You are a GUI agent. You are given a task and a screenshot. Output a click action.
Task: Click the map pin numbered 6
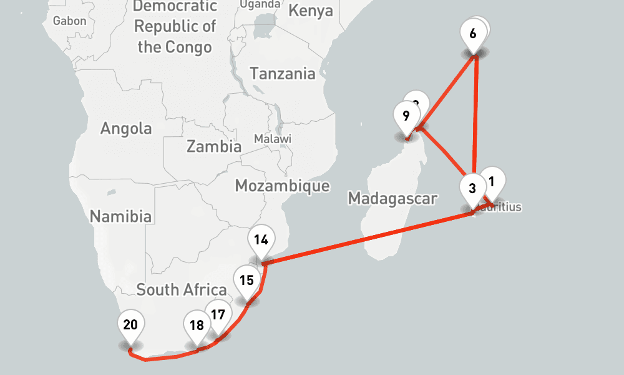coord(472,34)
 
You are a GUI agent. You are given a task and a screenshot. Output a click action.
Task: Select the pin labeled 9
coord(406,116)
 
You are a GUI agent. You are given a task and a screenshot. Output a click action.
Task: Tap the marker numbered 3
coord(472,189)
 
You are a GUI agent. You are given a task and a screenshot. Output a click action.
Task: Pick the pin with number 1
coord(492,182)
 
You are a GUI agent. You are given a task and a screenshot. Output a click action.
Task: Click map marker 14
coord(261,240)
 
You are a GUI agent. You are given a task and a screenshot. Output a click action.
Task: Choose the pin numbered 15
coord(246,280)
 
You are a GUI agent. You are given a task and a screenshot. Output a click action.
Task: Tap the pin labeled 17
coord(218,315)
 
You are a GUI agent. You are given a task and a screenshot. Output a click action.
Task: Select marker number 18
coord(197,326)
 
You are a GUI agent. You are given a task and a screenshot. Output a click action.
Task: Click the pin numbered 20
coord(130,325)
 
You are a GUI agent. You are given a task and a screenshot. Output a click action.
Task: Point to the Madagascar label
coord(392,199)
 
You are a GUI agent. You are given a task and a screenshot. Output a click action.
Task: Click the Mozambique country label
coord(282,186)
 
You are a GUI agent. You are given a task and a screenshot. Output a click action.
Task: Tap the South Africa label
coord(181,290)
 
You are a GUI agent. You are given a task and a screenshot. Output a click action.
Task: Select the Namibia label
coord(120,217)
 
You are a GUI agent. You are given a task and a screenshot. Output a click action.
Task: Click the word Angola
coord(126,129)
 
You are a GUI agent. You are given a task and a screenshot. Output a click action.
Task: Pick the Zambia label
coord(213,147)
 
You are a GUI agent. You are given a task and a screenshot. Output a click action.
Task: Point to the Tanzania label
coord(283,74)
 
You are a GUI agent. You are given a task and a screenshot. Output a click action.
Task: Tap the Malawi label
coord(273,139)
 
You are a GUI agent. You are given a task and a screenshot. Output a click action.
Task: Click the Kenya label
coord(311,11)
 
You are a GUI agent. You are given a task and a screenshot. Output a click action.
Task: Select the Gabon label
coord(69,21)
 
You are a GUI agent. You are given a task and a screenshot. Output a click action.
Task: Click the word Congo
coord(188,47)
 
